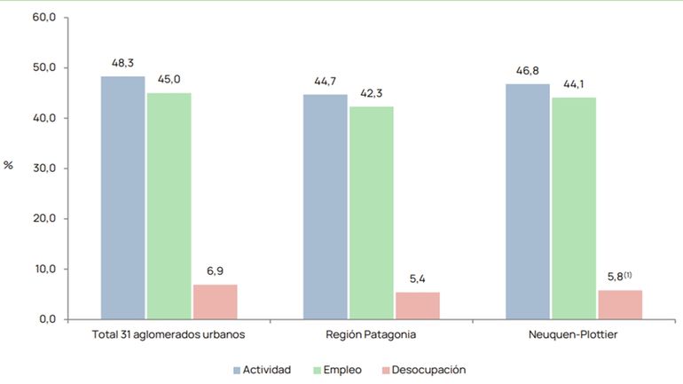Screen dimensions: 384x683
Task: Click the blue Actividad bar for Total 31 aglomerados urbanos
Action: (x=122, y=197)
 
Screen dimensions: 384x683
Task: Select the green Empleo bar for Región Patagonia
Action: (x=371, y=212)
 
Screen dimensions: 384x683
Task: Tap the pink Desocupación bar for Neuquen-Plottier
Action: (x=619, y=304)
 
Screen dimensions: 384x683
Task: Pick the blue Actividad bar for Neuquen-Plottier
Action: (x=527, y=200)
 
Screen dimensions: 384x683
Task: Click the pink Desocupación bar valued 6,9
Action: (x=215, y=302)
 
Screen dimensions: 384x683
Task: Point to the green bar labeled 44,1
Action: (x=573, y=208)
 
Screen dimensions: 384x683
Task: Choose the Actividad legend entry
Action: (x=261, y=369)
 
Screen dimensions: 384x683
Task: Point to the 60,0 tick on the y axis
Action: (x=43, y=18)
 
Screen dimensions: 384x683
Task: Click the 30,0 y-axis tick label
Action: (x=43, y=168)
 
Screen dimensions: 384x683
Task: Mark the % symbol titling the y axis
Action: (x=9, y=165)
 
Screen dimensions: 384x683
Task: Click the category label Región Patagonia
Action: (x=371, y=335)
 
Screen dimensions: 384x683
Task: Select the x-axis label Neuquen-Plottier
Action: (x=573, y=335)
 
